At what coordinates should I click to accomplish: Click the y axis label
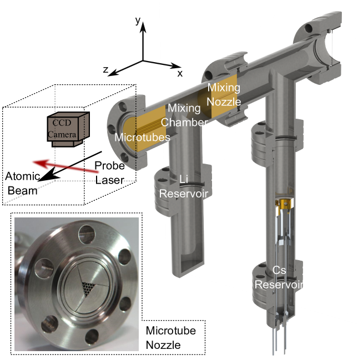coord(138,21)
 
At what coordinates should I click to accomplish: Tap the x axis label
coord(180,74)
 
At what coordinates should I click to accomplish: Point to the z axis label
coord(105,69)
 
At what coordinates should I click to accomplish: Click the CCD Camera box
coord(68,129)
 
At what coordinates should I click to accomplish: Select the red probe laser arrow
coord(66,166)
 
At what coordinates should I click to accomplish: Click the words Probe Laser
coord(110,173)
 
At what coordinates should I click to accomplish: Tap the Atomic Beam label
coord(22,184)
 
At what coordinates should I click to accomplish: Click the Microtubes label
coord(143,138)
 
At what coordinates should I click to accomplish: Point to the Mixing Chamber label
coord(184,115)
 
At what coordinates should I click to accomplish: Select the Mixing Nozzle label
coord(224,95)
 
